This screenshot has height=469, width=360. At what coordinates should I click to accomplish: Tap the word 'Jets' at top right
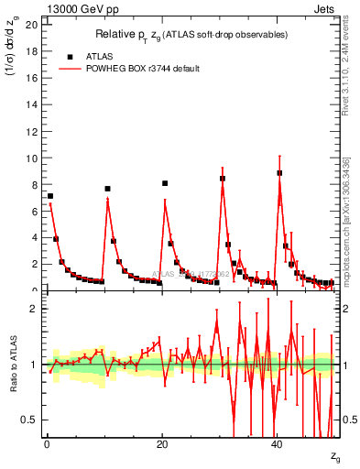coord(325,8)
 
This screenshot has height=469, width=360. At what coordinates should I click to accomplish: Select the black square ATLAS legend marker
coord(70,56)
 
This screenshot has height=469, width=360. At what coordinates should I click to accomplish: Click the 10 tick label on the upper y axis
coord(30,158)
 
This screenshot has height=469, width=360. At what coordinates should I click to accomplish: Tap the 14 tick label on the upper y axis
coord(30,104)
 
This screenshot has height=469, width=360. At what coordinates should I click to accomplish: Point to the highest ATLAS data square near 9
coord(279,172)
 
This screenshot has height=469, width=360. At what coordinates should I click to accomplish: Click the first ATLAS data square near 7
coord(50,196)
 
